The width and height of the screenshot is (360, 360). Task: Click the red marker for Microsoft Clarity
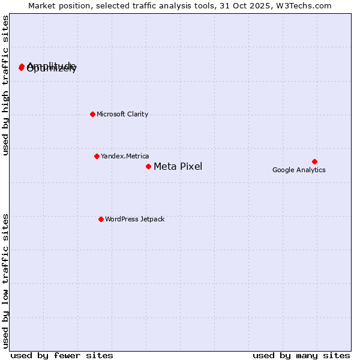[92, 114]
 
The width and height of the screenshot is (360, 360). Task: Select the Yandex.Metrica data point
[97, 156]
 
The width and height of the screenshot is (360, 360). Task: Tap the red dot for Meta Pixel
[148, 166]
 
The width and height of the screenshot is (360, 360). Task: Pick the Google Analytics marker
[314, 161]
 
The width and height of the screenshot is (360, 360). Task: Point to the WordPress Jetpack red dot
[101, 219]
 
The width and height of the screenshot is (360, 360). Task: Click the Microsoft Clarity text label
[122, 114]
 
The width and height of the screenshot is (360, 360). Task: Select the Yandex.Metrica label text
[125, 156]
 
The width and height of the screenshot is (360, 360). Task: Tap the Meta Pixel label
[178, 166]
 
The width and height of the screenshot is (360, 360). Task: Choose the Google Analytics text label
[299, 170]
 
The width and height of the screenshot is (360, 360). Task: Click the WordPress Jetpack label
[134, 219]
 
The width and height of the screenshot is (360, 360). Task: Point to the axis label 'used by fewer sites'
[62, 355]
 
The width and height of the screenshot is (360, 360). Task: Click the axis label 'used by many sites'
[301, 355]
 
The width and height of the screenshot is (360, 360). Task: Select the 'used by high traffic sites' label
[6, 86]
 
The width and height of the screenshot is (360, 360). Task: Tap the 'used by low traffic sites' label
[6, 281]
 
